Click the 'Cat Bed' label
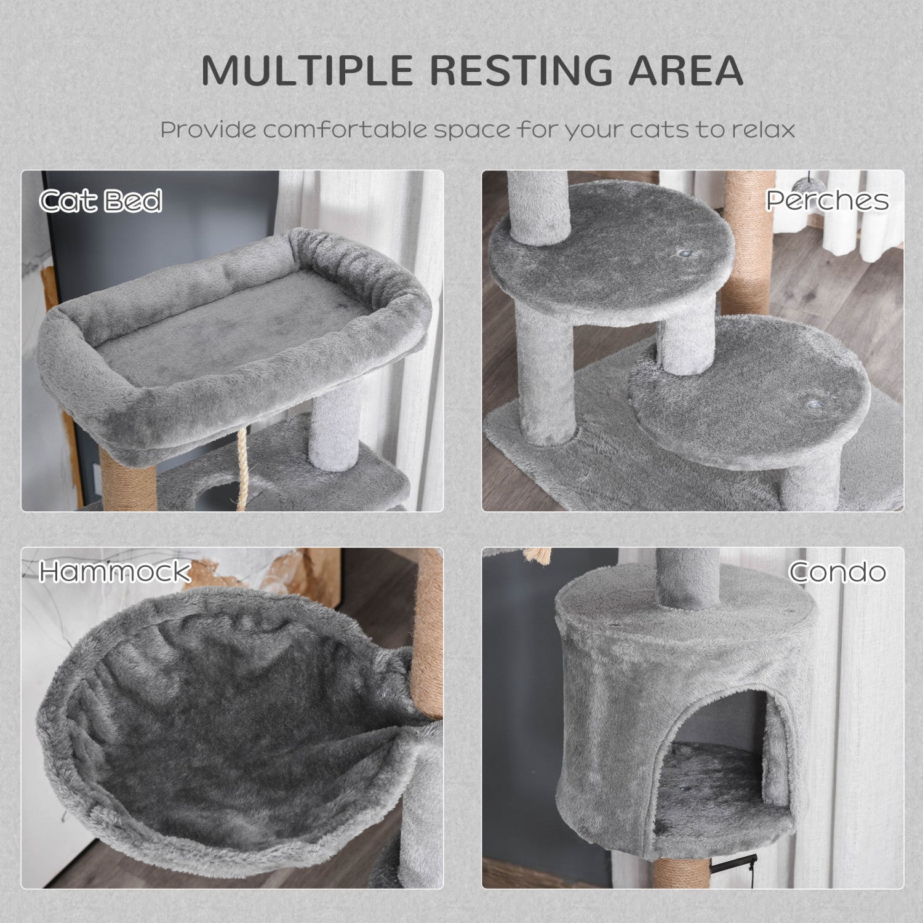click(100, 201)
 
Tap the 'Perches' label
click(827, 201)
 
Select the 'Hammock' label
click(114, 572)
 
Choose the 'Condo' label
click(837, 572)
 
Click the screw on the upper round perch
click(682, 252)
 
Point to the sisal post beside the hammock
click(429, 634)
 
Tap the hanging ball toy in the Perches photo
click(800, 183)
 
